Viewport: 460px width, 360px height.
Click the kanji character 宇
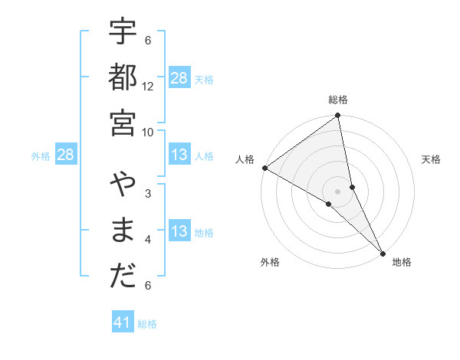tap(123, 34)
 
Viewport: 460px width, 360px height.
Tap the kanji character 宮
tap(123, 122)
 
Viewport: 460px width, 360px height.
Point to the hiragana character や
tap(123, 186)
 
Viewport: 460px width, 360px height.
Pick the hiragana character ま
tap(123, 231)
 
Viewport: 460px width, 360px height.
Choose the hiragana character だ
tap(123, 276)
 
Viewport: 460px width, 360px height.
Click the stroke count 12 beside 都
tap(148, 86)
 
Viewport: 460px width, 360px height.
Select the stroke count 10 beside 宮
tap(148, 131)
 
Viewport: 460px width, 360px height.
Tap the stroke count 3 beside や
tap(148, 194)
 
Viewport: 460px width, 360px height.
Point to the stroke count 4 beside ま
tap(148, 240)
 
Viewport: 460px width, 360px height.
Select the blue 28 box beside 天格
tap(179, 78)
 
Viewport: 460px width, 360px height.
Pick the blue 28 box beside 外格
tap(66, 155)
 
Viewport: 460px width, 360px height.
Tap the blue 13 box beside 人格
tap(179, 155)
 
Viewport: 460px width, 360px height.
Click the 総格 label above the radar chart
tap(338, 100)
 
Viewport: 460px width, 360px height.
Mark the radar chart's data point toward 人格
tap(264, 168)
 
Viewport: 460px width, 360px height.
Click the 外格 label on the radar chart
tap(270, 263)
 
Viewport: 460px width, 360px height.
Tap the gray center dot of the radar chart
tap(338, 191)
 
